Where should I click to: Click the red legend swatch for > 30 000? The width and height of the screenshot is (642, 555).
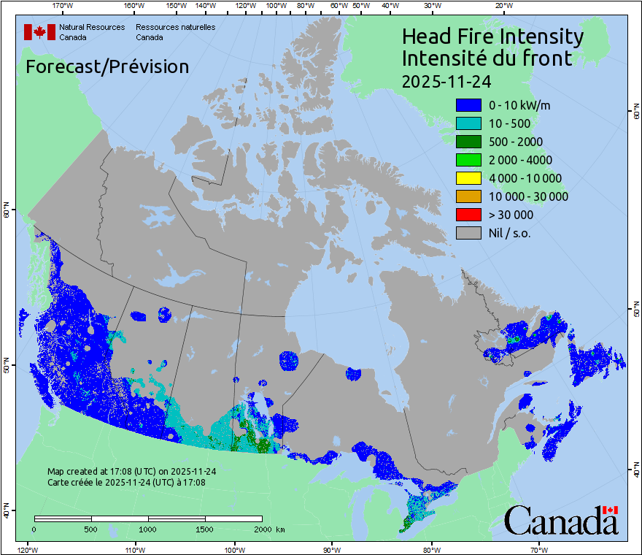[468, 215]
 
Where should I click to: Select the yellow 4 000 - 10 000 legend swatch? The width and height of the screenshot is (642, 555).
[468, 178]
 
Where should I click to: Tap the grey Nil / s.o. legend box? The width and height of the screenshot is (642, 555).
[468, 233]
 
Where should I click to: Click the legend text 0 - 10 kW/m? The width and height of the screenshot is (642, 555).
[519, 105]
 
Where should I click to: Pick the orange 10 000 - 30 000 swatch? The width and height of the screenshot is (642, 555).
[468, 196]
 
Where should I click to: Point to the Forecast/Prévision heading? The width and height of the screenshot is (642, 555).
[107, 66]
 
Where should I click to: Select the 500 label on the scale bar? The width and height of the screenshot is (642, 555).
[91, 529]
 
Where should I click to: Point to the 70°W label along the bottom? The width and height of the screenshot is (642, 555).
[539, 548]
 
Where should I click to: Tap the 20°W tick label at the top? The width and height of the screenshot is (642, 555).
[503, 6]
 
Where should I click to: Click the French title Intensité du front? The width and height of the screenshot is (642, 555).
[487, 58]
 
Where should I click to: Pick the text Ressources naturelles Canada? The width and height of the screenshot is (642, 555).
[175, 32]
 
